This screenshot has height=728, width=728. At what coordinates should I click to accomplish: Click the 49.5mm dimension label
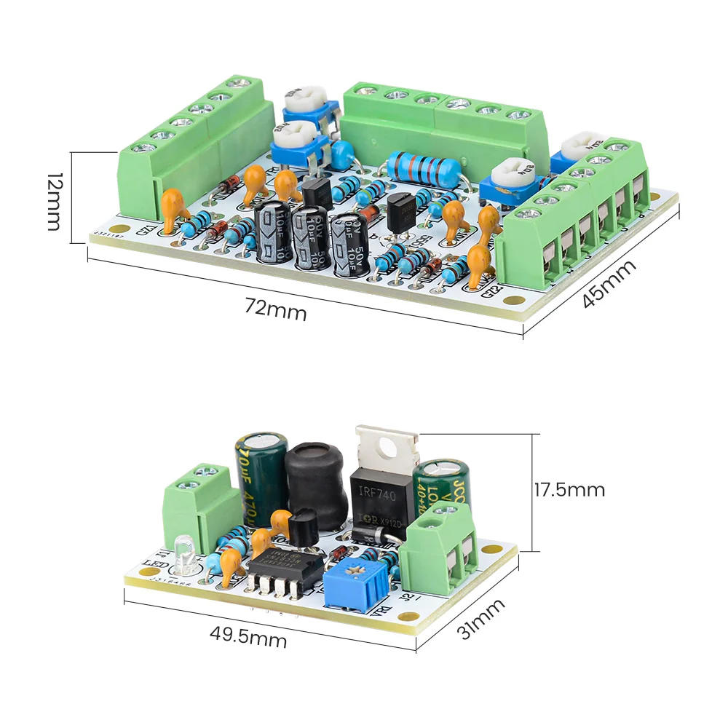(248, 638)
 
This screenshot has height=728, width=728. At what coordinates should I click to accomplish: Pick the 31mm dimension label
(480, 619)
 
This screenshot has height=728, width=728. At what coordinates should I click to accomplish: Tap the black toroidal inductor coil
(314, 483)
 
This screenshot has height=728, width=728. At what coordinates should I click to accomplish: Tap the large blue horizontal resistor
(422, 167)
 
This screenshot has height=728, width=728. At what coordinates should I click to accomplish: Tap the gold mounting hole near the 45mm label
(514, 298)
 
